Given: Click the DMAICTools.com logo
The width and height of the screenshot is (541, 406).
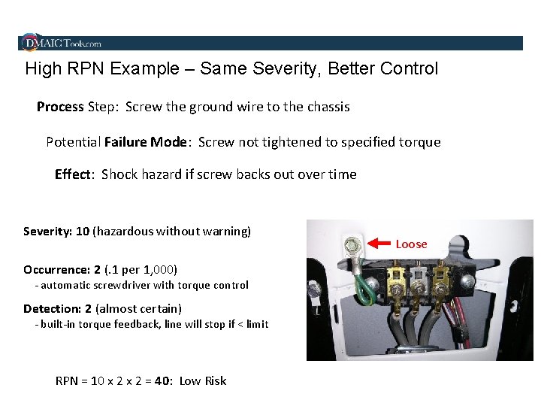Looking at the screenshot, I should coord(62,43).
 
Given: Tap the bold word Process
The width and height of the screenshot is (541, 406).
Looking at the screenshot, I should coord(60,107).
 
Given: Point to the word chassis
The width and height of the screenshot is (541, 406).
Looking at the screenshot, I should coord(325,107).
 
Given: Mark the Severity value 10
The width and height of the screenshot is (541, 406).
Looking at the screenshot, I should coord(82,232).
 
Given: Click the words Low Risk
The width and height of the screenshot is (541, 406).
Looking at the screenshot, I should coord(202,380).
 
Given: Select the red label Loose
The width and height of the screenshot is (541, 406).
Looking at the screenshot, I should coord(411,244).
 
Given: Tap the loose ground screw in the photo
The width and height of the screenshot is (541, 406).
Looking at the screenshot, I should coord(350,244).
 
